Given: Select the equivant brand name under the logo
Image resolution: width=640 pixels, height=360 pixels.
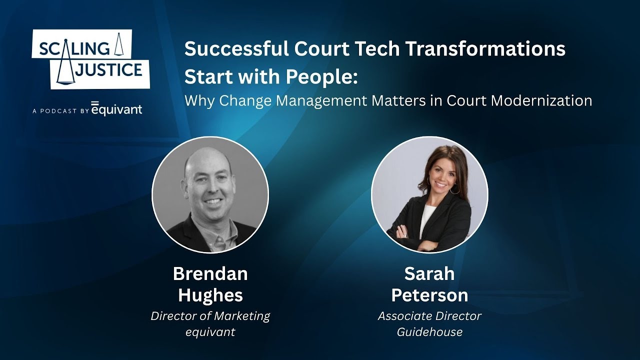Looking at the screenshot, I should coord(117,109).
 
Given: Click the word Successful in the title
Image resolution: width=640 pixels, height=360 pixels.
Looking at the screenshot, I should coord(236,49).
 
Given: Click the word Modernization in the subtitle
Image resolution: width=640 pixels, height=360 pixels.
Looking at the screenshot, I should coord(541,100).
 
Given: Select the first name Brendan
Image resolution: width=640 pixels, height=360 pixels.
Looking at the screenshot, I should coord(210,273).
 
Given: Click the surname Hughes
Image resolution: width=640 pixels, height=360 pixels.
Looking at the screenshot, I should coord(210,295).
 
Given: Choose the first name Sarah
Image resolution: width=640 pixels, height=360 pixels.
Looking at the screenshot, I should coord(429,273).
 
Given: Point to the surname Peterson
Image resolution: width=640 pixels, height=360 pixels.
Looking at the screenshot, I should coord(429,295).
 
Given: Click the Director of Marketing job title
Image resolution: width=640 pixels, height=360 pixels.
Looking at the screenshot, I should coord(210,316).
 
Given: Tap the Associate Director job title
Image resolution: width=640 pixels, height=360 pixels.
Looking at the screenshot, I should coord(429,316).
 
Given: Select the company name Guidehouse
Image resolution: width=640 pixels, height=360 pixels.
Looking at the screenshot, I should coord(429,332).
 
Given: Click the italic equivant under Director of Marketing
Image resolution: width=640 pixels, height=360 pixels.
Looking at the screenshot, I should coord(210,332).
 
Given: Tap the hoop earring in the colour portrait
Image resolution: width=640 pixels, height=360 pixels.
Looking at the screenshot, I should coord(454,189).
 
